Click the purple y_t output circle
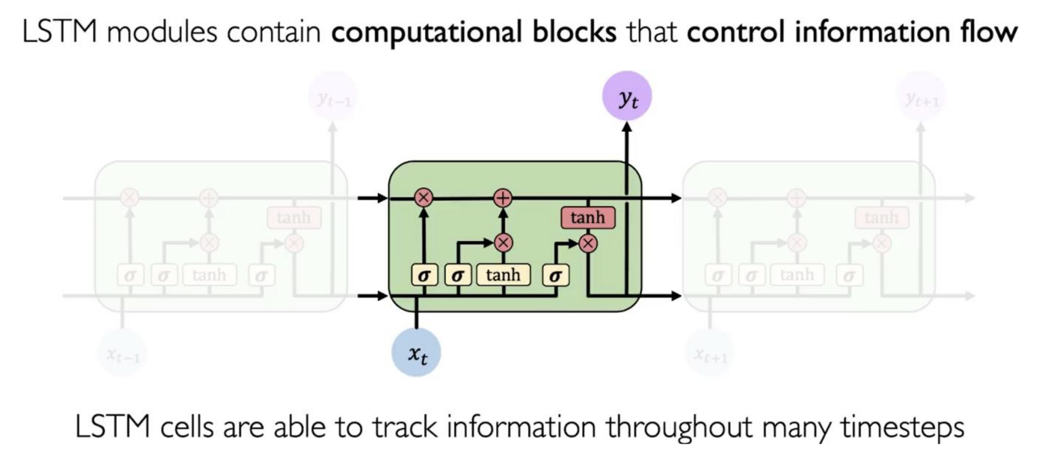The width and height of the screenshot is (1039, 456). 627,96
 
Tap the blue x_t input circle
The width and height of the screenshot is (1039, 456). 416,352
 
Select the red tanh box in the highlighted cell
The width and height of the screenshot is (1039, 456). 588,217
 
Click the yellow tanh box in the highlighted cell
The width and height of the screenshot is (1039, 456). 503,275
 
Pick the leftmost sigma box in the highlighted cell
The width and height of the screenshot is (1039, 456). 424,275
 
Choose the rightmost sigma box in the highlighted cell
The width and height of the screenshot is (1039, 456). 555,275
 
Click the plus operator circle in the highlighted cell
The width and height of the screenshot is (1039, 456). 503,198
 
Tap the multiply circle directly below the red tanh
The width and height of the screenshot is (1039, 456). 588,243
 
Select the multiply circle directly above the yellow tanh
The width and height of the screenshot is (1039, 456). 503,243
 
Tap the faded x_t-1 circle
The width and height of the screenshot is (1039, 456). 122,354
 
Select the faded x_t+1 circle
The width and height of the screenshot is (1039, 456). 710,354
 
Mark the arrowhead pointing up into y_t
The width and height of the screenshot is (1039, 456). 627,127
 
